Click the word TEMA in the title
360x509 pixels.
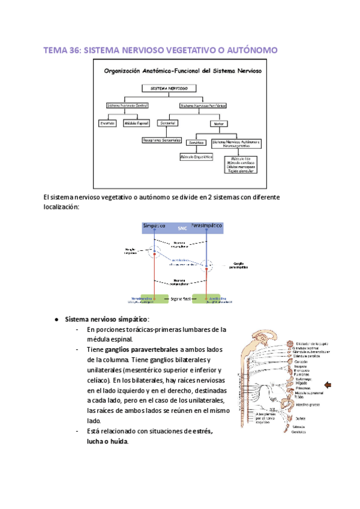(x=55, y=51)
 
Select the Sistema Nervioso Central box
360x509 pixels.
(x=128, y=105)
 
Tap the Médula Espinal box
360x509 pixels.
(x=136, y=123)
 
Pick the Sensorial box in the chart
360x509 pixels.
(x=167, y=123)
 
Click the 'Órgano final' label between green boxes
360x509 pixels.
(x=179, y=298)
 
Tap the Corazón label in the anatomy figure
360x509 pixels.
(x=302, y=363)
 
